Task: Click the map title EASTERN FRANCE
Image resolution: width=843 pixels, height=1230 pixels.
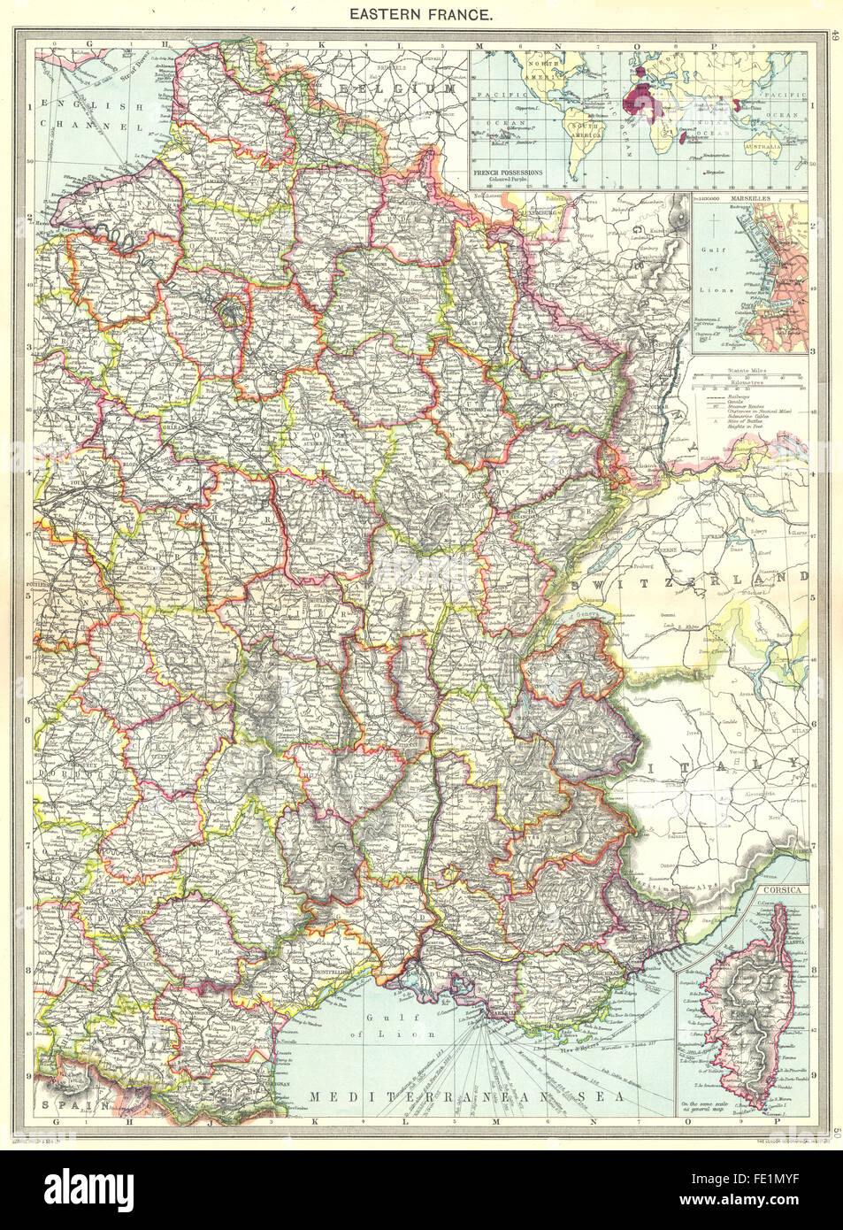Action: point(420,14)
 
